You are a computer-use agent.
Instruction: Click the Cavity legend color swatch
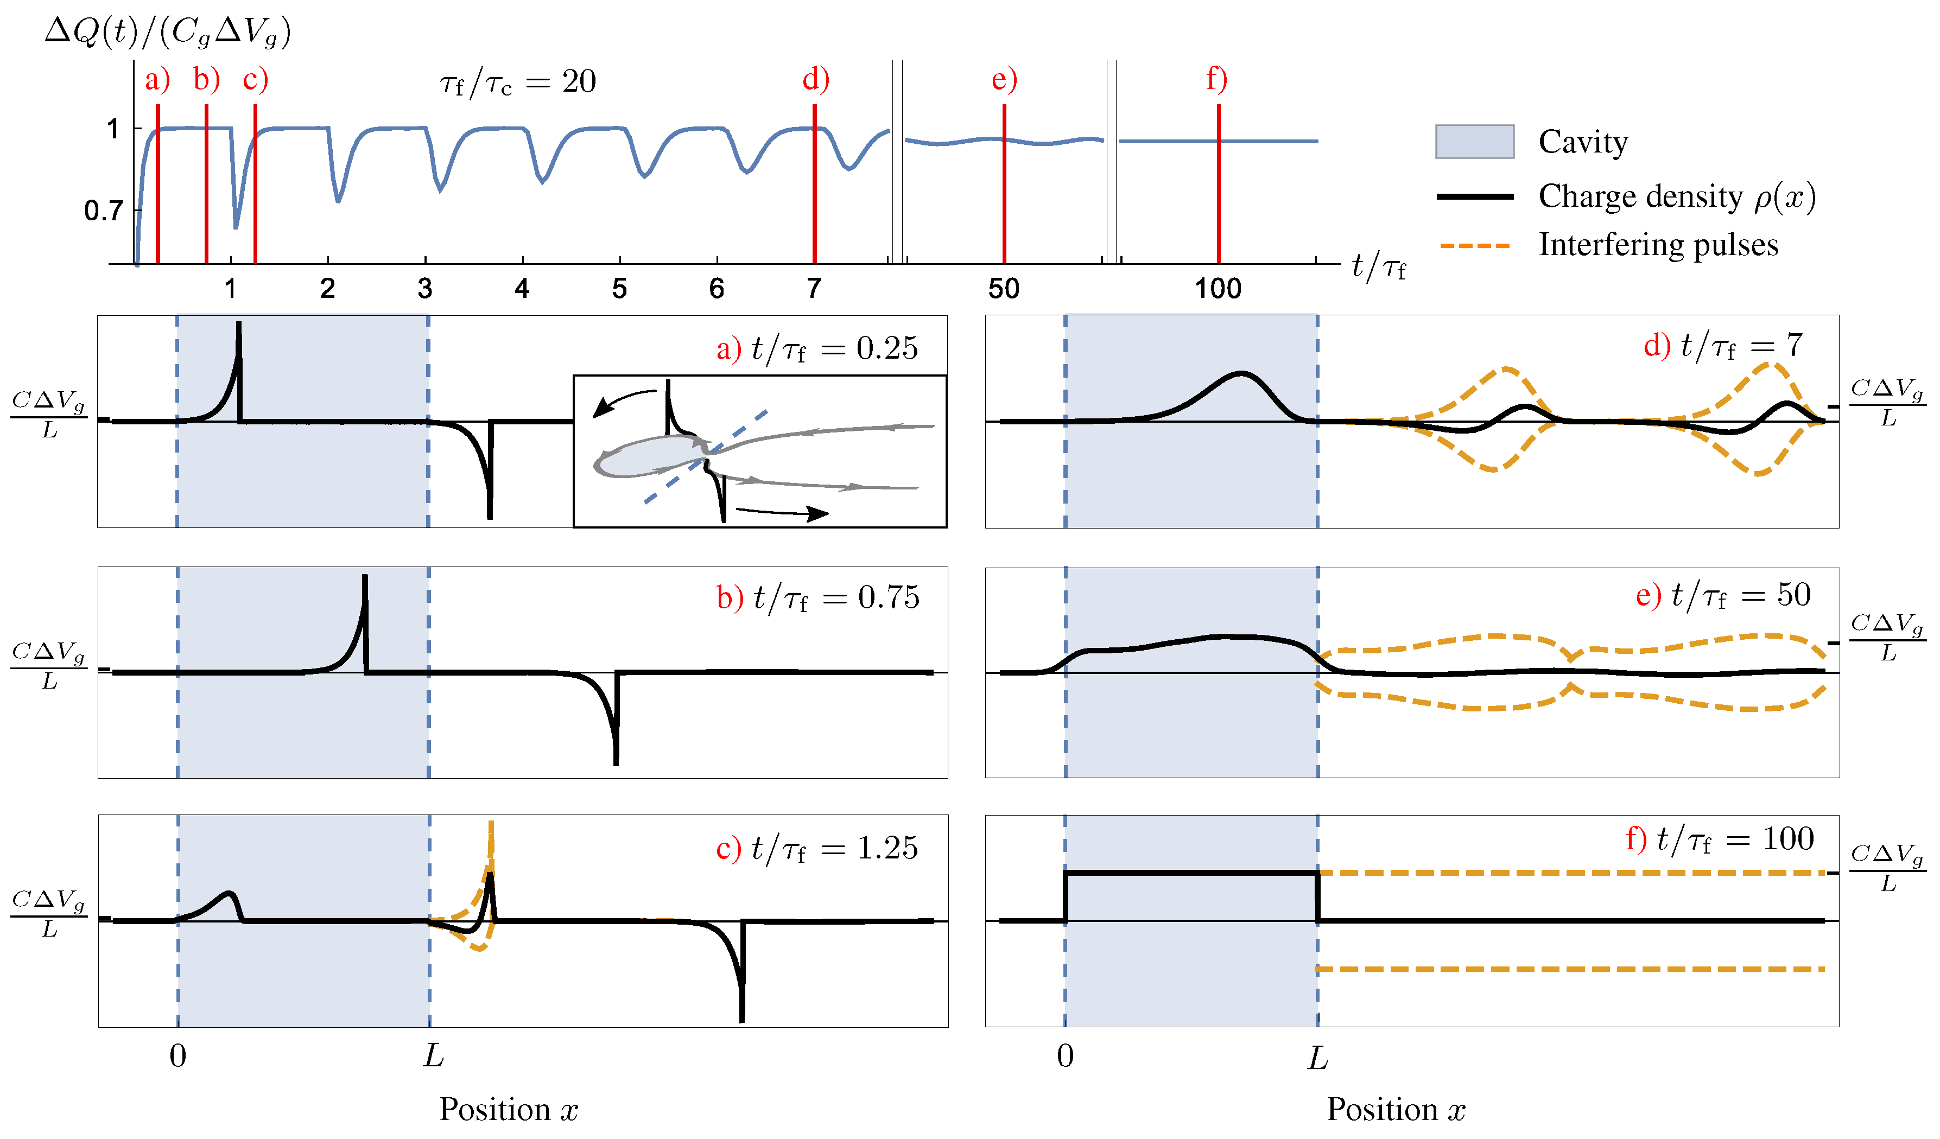(1474, 142)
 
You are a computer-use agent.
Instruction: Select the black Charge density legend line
(1474, 197)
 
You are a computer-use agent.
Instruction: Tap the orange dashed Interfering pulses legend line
(1474, 245)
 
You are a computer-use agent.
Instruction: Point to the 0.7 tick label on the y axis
(103, 210)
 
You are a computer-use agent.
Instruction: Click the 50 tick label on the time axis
(1003, 289)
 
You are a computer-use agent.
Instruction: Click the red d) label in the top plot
(815, 79)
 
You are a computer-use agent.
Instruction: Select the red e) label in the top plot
(1004, 79)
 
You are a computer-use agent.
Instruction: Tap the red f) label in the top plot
(1216, 79)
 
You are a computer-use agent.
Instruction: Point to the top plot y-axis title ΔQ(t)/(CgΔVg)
(168, 33)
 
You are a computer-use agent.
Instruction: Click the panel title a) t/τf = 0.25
(817, 348)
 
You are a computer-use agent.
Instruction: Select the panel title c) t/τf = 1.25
(817, 848)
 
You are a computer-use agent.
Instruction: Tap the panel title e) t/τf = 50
(1723, 595)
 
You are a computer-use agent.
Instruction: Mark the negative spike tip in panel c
(742, 1021)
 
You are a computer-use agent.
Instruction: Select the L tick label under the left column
(433, 1056)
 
